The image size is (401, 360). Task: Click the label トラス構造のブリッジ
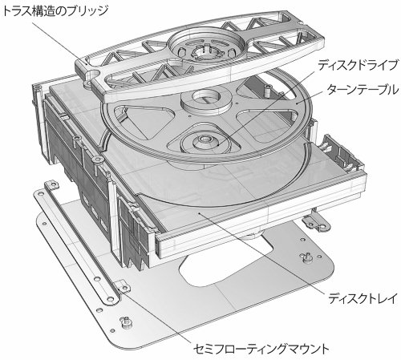point(55,11)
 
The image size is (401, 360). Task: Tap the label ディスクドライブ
point(358,65)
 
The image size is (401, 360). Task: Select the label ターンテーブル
point(363,90)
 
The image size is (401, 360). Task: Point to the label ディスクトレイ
point(363,298)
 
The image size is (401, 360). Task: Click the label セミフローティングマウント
point(261,349)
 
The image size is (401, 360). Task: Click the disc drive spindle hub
point(205,141)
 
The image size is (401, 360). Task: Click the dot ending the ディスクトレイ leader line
point(198,213)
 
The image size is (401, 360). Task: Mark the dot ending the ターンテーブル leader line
point(296,102)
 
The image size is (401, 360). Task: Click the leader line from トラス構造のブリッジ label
point(60,43)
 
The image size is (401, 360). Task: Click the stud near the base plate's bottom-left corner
point(125,322)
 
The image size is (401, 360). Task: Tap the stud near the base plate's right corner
point(306,257)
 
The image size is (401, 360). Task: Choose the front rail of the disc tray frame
point(261,215)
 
